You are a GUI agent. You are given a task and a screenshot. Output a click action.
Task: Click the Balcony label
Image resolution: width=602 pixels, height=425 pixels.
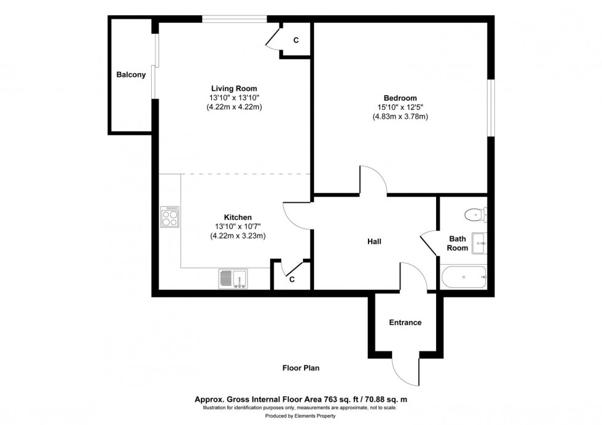click(131, 75)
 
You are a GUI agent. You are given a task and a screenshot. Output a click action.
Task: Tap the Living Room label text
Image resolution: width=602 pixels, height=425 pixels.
click(234, 88)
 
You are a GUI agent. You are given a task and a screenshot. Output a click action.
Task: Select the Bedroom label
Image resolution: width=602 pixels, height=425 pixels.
click(400, 98)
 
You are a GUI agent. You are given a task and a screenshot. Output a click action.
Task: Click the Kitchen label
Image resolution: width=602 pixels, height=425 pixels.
click(237, 217)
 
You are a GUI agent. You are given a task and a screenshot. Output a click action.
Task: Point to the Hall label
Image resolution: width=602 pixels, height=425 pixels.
click(374, 241)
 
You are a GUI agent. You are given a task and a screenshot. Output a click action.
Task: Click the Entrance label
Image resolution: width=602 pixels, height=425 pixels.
click(405, 322)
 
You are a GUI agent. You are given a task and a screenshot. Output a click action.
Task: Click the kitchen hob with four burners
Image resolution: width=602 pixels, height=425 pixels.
click(170, 217)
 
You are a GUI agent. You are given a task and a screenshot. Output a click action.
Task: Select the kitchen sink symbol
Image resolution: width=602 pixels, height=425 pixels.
click(233, 279)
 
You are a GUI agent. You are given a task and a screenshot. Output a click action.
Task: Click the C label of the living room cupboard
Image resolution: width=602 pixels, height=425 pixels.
click(295, 41)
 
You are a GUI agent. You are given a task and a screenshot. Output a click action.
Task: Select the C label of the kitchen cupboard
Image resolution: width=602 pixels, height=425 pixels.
click(292, 279)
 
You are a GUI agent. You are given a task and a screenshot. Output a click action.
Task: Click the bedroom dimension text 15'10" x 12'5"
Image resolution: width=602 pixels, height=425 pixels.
click(400, 107)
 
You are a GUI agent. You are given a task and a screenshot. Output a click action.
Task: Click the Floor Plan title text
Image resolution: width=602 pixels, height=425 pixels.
click(300, 368)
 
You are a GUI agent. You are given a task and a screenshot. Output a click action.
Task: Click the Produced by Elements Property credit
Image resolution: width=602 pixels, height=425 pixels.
click(300, 418)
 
